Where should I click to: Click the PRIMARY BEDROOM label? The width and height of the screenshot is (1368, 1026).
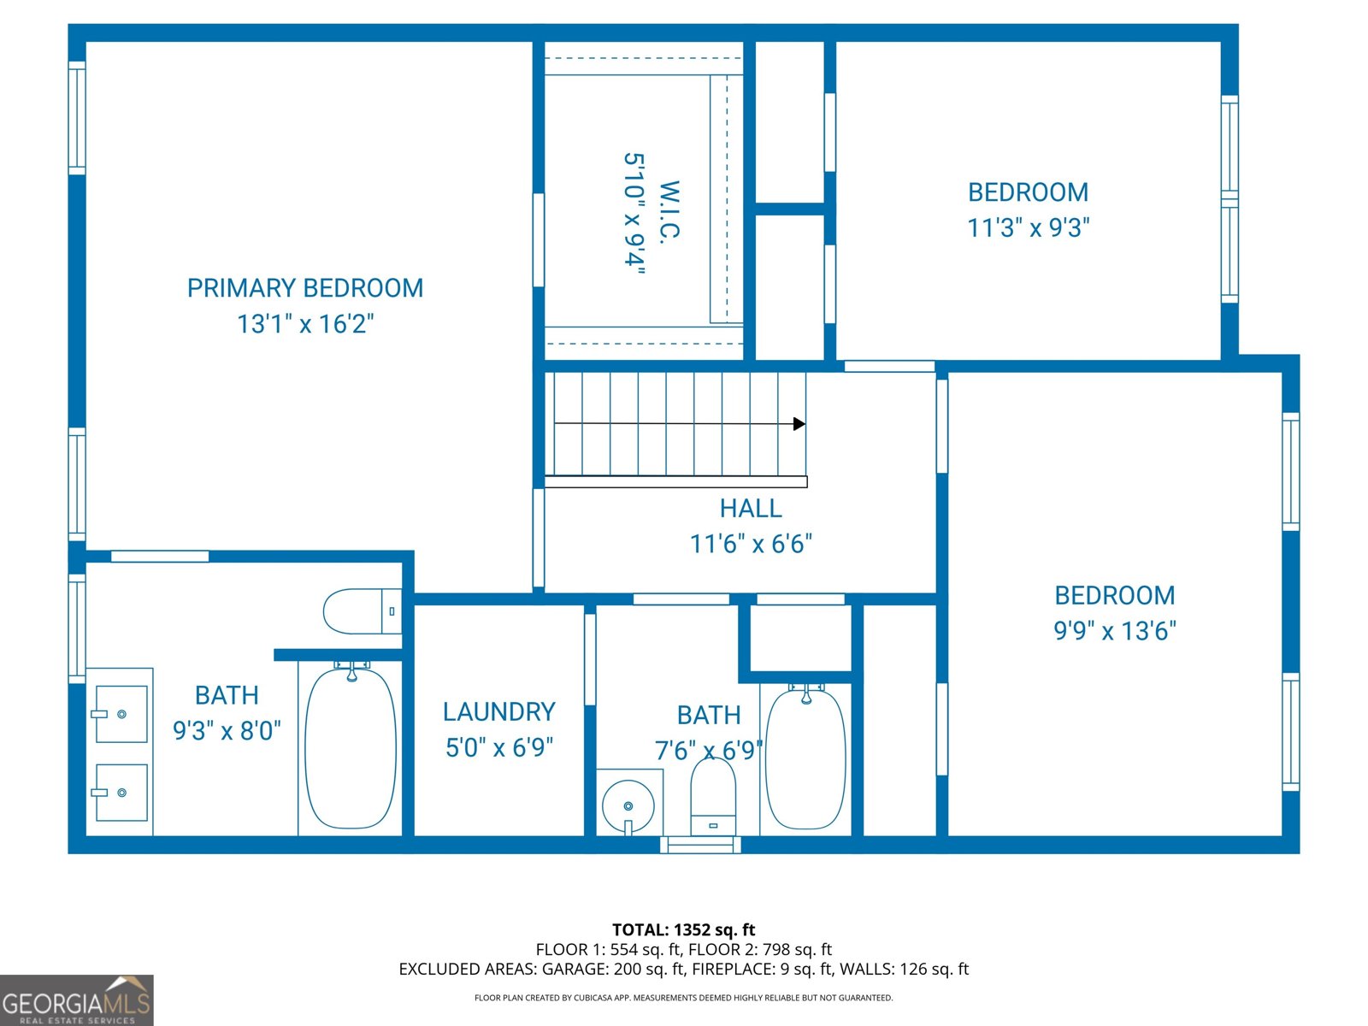(305, 288)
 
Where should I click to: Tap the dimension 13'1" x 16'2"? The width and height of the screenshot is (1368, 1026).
(305, 324)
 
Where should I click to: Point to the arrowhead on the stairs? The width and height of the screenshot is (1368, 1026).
(799, 424)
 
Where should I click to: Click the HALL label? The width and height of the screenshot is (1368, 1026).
(751, 509)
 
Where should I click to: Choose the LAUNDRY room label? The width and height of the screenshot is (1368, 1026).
(498, 712)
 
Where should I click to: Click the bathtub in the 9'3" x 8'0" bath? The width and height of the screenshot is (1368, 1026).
(351, 748)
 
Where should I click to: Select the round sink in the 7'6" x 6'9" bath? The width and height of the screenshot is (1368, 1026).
(628, 806)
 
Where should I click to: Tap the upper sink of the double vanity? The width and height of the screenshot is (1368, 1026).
(120, 714)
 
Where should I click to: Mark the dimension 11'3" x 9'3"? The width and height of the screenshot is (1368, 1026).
(1028, 228)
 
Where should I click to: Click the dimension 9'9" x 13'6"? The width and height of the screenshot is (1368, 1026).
(1114, 631)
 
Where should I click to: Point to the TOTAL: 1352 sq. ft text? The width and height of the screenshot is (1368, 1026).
(683, 929)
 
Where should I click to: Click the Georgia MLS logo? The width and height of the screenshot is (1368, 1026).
(76, 1000)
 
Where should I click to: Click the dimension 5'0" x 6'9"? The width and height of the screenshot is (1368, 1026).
(498, 748)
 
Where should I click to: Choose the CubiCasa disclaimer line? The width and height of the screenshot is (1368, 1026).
(683, 998)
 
